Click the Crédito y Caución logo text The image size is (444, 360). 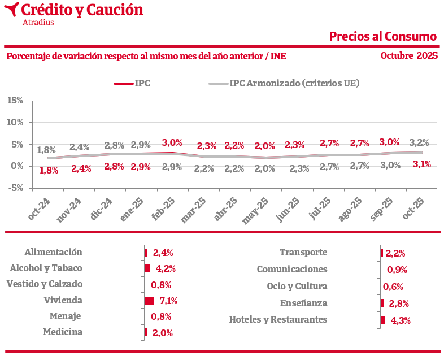coord(82,10)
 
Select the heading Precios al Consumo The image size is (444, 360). coord(383,36)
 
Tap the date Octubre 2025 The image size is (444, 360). coord(409,55)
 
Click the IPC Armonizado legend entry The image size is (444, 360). coord(294,83)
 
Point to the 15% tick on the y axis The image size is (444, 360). coord(15,101)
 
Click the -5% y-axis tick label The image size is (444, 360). coord(15,188)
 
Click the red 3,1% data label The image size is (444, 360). coord(422,164)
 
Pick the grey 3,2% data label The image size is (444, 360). coord(419,142)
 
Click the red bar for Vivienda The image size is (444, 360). coord(149,301)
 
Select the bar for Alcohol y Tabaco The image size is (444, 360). coord(147,268)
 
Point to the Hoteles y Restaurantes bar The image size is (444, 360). coord(383,320)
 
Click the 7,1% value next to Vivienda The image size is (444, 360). coord(169,301)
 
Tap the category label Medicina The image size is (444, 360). coord(63,332)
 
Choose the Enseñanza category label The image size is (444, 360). coord(303,303)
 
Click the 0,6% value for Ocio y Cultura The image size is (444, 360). coord(393,287)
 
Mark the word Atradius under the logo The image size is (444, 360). coord(38,23)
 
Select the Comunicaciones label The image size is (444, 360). coord(292,270)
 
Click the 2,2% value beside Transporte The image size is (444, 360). coord(395,253)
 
